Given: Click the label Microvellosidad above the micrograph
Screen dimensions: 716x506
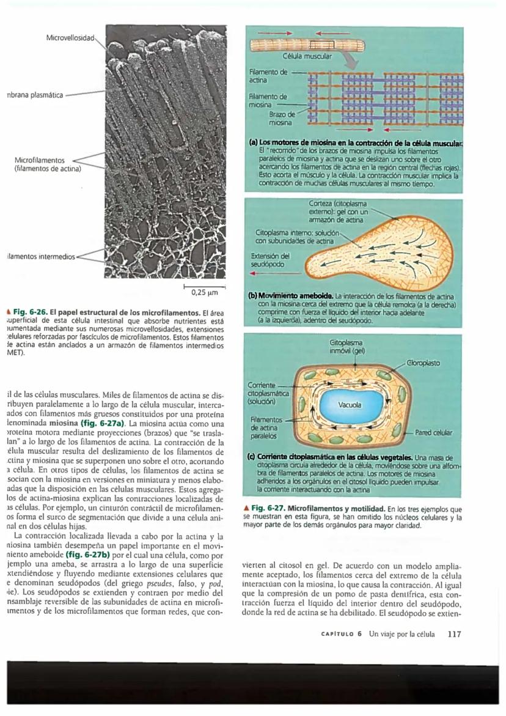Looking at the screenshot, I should tap(70, 38).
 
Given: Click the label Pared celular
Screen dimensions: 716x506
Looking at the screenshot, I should tap(433, 432).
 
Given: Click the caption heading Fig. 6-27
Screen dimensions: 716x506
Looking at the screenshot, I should tap(269, 508).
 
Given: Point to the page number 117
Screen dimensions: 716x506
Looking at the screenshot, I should tap(453, 633).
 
